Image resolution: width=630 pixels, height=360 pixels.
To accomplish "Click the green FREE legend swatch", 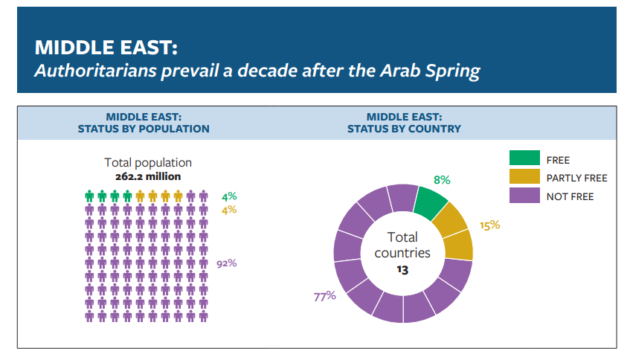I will (x=524, y=158).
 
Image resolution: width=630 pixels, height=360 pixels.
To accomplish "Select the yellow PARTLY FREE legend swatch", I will (x=524, y=178).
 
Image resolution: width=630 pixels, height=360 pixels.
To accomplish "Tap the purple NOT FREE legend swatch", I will (x=524, y=196).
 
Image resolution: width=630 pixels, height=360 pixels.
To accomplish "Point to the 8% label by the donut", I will (x=442, y=180).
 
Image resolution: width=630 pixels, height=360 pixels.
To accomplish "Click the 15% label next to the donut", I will (x=489, y=225).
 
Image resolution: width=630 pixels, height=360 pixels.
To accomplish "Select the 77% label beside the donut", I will (x=324, y=296).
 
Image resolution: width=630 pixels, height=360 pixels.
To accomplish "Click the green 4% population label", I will (x=228, y=197).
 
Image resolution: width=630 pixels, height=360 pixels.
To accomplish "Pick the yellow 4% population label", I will (x=228, y=210).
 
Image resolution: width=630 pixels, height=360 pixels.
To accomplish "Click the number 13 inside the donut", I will (x=402, y=270).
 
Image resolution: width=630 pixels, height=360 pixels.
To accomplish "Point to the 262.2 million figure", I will (x=148, y=177).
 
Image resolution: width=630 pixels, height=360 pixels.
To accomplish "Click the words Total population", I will (x=148, y=162).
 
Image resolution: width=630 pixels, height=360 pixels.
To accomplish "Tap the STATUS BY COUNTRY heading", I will (x=404, y=129).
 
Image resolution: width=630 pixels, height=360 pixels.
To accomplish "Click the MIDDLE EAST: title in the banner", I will (x=106, y=48).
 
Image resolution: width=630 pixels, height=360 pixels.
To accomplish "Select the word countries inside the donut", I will (x=402, y=253).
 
